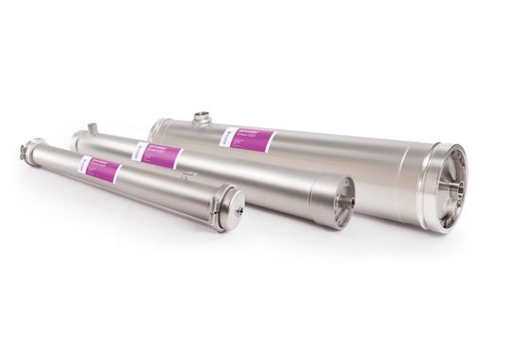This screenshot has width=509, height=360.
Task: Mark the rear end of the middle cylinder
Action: pos(77,139)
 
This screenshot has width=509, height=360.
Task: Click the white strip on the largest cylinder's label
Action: pos(227,137)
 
